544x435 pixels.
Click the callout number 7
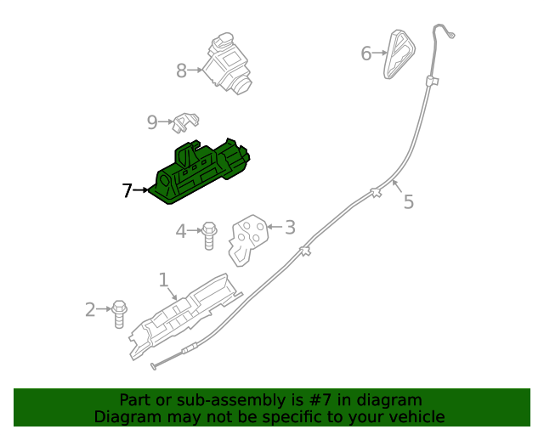(127, 190)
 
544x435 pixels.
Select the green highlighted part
(199, 172)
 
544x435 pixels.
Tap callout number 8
(181, 71)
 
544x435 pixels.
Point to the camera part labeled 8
(228, 65)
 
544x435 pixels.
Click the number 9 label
(152, 122)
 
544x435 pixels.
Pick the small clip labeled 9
(185, 122)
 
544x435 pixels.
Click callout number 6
(366, 54)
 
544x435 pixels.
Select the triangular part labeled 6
(399, 54)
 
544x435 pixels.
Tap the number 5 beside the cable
(409, 202)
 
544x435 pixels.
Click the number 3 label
(290, 228)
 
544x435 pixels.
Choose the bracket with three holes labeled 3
(247, 240)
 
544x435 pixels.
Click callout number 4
(181, 231)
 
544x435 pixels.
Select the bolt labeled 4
(209, 236)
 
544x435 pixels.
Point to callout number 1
(163, 280)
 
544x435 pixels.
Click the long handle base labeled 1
(185, 316)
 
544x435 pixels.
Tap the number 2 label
(90, 310)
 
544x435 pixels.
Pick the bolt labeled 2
(119, 314)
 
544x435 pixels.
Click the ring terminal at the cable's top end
(451, 35)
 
